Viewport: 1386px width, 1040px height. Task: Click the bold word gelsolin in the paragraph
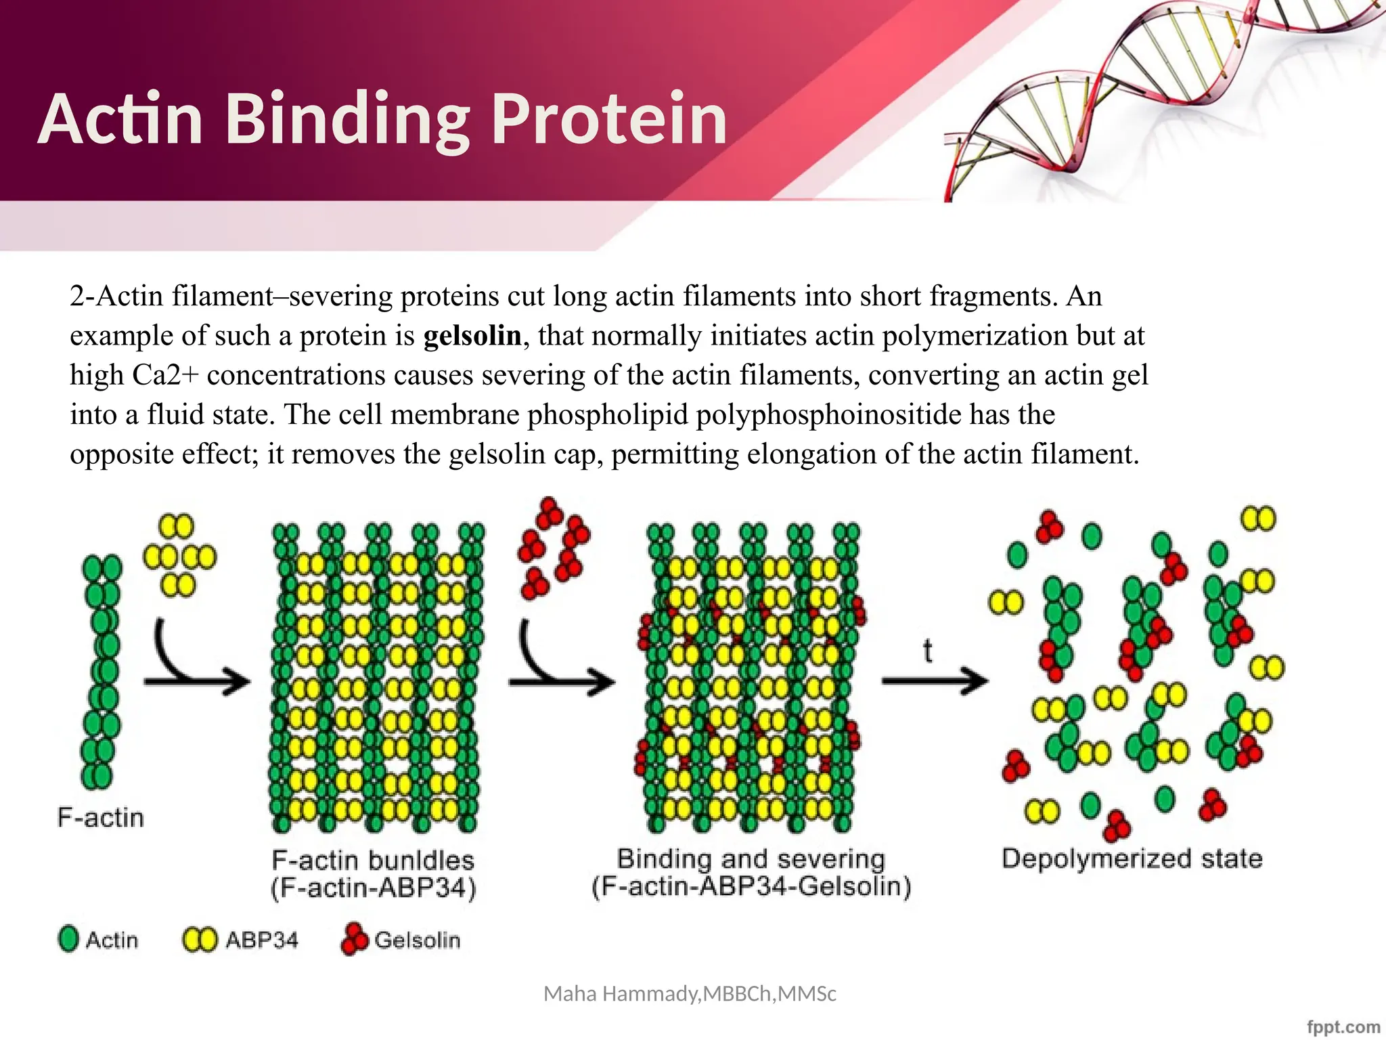coord(472,336)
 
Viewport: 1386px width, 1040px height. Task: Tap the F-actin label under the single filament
coord(101,818)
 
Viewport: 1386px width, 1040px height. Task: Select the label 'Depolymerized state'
coord(1132,859)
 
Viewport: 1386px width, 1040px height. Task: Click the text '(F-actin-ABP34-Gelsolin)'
coord(751,886)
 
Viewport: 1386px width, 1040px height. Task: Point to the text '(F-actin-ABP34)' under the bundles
coord(374,888)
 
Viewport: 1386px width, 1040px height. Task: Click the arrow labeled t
coord(934,680)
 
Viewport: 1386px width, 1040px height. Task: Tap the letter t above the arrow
coord(927,651)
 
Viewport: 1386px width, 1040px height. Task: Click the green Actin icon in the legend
coord(68,939)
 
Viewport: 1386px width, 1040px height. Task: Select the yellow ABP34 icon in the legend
coord(200,940)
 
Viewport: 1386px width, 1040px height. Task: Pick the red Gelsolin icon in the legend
coord(354,940)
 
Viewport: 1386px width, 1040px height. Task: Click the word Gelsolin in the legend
coord(418,940)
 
